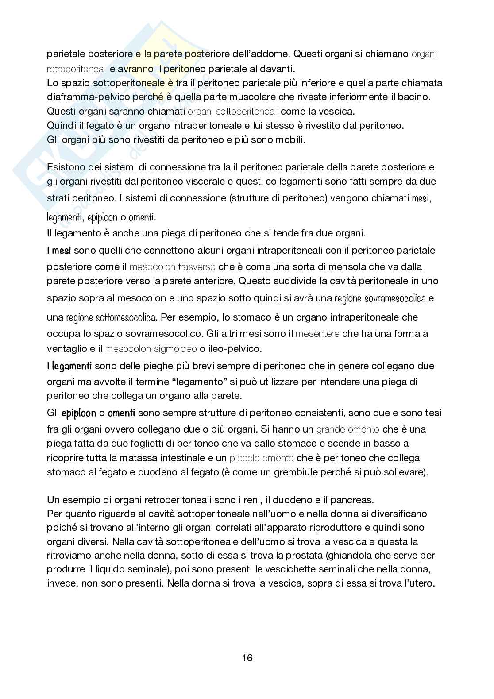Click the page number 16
coord(247,658)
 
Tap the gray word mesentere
coord(317,334)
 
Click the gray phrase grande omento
coord(347,429)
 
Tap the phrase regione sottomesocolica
coord(111,317)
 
